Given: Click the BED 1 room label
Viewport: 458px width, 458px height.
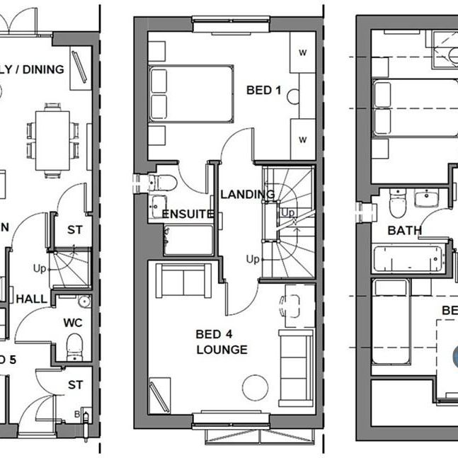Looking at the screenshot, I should (263, 91).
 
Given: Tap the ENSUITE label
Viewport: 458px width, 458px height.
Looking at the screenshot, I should (188, 214).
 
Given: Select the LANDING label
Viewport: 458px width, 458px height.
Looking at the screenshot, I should (247, 194).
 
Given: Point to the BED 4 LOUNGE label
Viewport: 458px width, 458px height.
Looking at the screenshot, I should (222, 342).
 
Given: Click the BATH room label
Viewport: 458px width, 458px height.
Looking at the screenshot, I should (404, 230).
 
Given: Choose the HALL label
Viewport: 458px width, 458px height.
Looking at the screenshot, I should (31, 299).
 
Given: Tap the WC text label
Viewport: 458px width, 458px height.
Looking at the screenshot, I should (74, 322).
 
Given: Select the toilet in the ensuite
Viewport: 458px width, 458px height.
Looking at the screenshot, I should (164, 183).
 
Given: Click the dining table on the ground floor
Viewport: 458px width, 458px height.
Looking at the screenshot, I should (57, 140).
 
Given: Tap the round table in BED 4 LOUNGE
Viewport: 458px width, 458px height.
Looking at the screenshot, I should (255, 387).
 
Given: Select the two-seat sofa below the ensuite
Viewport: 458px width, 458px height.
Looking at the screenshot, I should (183, 281).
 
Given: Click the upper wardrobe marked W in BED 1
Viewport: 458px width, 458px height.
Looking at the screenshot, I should (302, 52).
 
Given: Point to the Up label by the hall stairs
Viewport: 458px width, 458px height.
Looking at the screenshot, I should (40, 268).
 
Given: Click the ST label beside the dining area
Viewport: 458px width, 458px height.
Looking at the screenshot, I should (74, 230).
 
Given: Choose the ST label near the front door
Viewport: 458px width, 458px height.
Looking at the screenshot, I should (75, 384).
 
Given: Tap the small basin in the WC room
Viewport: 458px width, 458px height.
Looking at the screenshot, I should (84, 302).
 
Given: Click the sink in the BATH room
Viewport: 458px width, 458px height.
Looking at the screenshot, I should (427, 197).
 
